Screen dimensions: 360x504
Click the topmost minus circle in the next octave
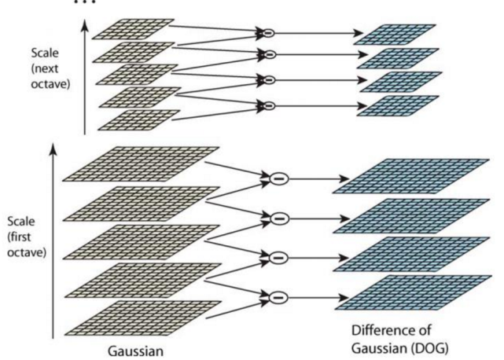click(269, 34)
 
